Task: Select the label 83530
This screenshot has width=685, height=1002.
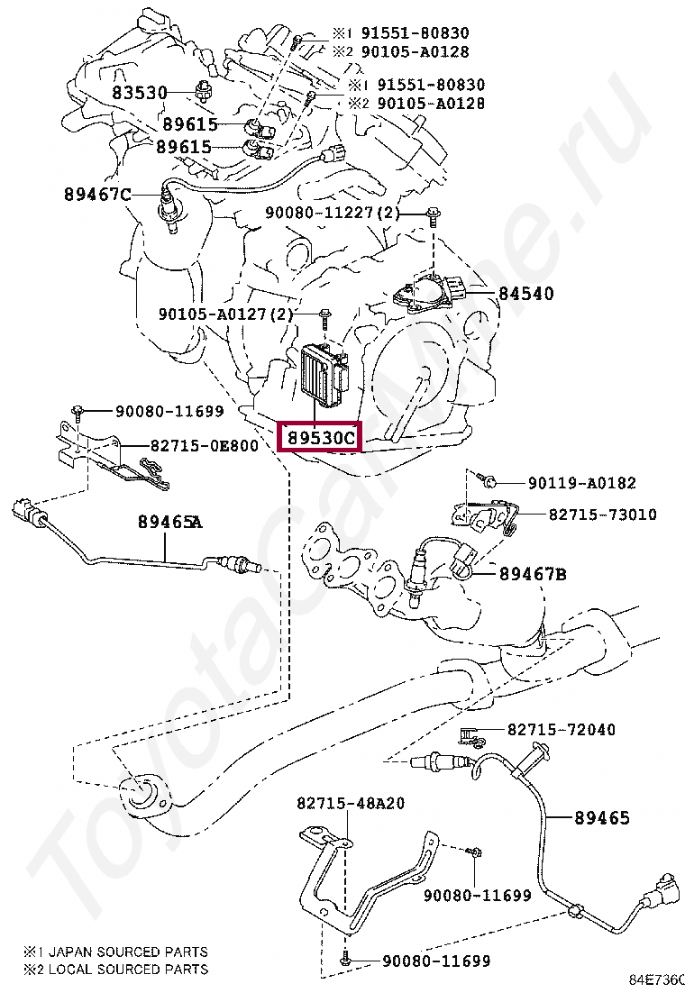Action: pos(140,93)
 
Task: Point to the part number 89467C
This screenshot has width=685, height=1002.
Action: pos(97,194)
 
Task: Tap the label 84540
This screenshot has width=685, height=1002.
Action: pos(527,293)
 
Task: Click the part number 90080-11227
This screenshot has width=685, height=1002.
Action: pos(321,213)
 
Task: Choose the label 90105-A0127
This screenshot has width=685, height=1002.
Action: pos(214,314)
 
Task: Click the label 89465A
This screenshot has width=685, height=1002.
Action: pos(170,521)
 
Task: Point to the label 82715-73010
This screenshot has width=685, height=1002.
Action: pos(602,515)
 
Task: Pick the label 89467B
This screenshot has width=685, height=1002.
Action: pos(533,573)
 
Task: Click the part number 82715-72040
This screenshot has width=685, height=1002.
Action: pos(562,729)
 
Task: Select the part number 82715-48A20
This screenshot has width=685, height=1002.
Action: pos(351,803)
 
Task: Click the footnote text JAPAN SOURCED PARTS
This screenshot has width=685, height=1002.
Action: pos(125,952)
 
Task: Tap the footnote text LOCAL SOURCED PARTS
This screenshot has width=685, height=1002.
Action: pos(125,969)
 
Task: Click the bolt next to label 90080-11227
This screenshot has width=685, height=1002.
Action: pos(434,214)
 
